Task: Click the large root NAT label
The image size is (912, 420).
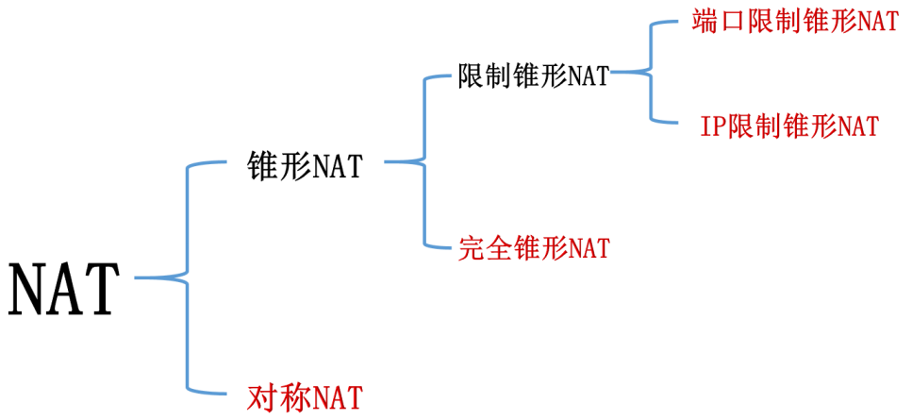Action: point(64,287)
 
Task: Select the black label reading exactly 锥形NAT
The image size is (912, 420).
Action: point(304,168)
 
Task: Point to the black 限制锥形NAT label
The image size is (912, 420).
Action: point(533,76)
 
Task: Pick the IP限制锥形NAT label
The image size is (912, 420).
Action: point(789,125)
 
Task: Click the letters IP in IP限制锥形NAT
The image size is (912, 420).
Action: point(712,126)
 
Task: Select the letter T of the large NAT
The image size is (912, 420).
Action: point(102,287)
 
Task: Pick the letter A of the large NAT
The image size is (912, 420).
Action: point(65,287)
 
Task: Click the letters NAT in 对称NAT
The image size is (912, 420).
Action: point(337,395)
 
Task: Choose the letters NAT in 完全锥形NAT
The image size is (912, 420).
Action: point(588,249)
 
